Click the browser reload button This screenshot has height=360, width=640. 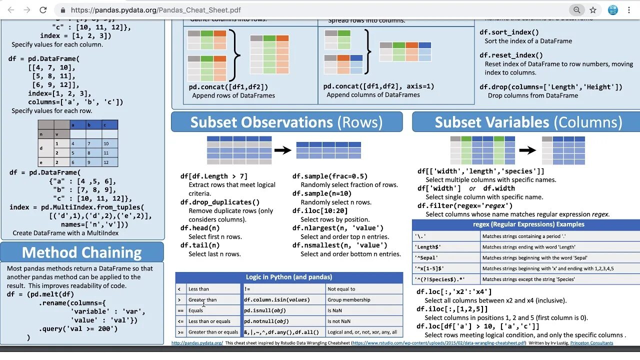pyautogui.click(x=43, y=10)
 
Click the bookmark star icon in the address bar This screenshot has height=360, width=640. pyautogui.click(x=593, y=10)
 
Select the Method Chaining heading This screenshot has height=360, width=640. pyautogui.click(x=82, y=252)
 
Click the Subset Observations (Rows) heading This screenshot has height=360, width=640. pyautogui.click(x=286, y=122)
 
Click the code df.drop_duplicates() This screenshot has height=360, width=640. pyautogui.click(x=220, y=202)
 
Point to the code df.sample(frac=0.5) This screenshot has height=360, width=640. pyautogui.click(x=330, y=176)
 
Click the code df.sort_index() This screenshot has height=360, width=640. pyautogui.click(x=509, y=32)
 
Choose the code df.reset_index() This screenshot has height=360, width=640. pyautogui.click(x=511, y=55)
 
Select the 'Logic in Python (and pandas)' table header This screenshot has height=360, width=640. pyautogui.click(x=289, y=277)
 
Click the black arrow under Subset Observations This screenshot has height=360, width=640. pyautogui.click(x=283, y=150)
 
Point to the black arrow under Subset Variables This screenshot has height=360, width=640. pyautogui.click(x=527, y=150)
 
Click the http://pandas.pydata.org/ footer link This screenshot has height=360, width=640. pyautogui.click(x=197, y=343)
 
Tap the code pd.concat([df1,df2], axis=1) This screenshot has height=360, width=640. pyautogui.click(x=378, y=86)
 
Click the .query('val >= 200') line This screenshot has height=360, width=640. pyautogui.click(x=78, y=328)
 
